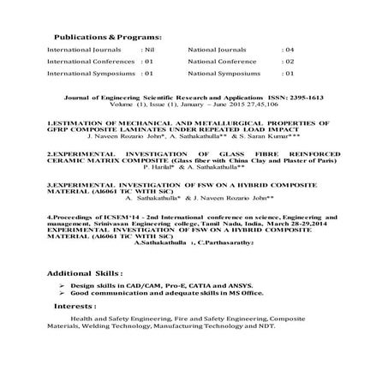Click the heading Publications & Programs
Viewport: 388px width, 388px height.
(x=108, y=39)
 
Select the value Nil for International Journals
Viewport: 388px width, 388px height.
(x=146, y=51)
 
